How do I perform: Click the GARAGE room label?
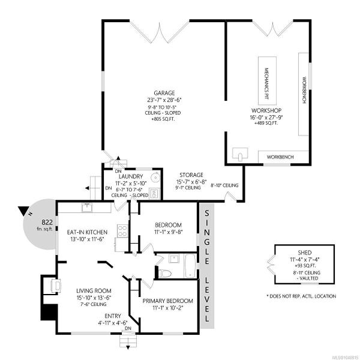164,93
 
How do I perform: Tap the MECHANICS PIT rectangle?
267,80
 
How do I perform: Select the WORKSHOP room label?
266,110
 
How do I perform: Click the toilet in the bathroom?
165,274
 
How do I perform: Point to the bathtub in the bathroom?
190,265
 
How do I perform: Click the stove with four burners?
122,231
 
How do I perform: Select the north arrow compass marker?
24,211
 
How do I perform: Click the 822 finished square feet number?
47,222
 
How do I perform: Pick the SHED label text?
305,253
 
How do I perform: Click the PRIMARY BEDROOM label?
167,301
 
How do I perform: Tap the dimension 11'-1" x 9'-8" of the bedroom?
168,232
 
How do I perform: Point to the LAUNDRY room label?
131,176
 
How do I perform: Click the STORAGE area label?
191,175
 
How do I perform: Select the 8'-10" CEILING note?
224,185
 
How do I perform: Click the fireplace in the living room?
56,286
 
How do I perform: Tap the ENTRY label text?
113,316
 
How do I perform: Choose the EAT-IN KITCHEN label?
87,232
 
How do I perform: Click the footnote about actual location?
301,296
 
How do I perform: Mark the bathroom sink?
174,259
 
